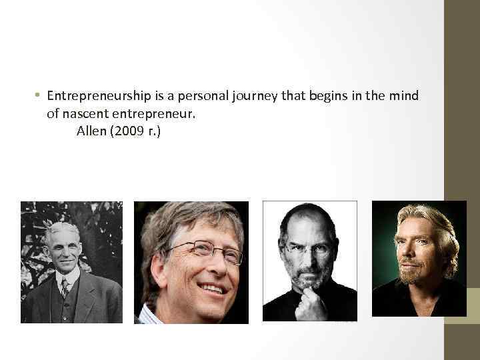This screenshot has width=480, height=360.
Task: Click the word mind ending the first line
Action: (404, 96)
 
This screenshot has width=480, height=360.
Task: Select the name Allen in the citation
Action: (91, 131)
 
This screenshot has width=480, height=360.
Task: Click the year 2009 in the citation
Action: (129, 131)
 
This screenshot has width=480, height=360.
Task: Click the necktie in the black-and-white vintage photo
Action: (65, 287)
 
